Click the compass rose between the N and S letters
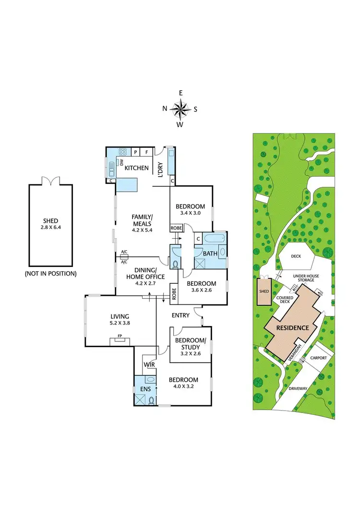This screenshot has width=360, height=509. (180, 109)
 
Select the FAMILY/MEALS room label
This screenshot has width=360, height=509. (142, 220)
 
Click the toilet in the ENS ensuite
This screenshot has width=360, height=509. (152, 400)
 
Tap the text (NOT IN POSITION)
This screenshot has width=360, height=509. (50, 274)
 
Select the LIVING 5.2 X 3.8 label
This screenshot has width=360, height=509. (120, 319)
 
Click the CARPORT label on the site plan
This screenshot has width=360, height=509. (319, 358)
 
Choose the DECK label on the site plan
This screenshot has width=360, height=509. (296, 256)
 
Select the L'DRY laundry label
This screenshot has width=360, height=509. (161, 171)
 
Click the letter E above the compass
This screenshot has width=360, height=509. (180, 93)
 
